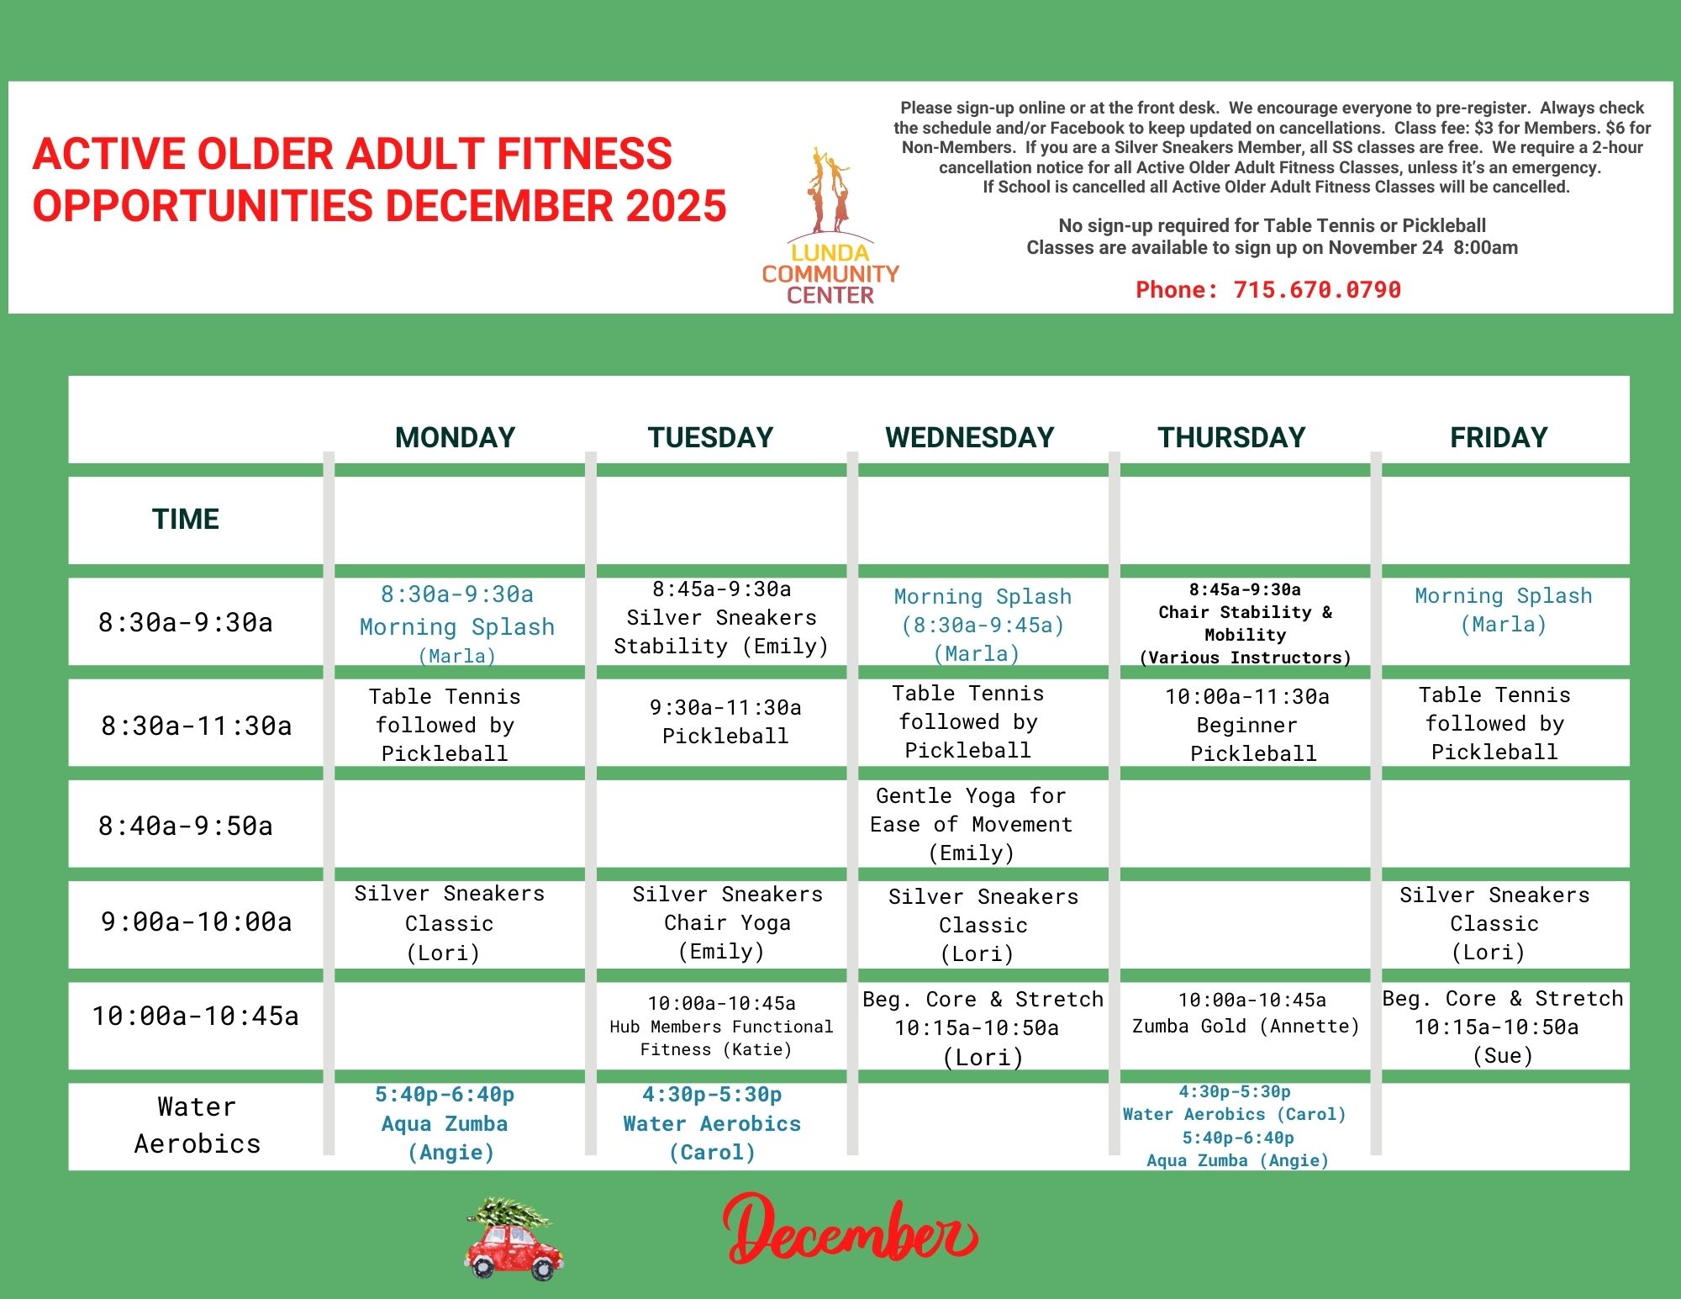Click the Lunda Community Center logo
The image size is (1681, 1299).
830,225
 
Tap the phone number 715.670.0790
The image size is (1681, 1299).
1317,290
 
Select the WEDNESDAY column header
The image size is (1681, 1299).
969,437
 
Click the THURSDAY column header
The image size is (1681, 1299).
1231,437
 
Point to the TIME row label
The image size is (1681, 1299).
186,519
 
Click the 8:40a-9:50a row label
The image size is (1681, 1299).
186,826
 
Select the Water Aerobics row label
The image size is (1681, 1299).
197,1125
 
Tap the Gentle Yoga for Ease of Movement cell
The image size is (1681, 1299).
972,824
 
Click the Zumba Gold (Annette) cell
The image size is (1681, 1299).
1246,1013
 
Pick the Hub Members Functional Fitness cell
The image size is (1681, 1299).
721,1026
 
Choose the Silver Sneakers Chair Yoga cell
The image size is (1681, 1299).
727,922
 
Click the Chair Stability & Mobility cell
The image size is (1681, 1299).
1245,624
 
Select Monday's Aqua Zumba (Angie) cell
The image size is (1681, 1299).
445,1123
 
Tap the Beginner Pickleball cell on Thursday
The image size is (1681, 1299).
1248,725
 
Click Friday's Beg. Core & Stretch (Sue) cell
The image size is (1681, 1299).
1503,1027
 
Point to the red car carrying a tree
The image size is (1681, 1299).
514,1238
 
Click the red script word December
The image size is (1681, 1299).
850,1231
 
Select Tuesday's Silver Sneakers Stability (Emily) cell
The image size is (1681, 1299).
721,618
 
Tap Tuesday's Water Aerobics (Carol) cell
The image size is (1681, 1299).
712,1123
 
